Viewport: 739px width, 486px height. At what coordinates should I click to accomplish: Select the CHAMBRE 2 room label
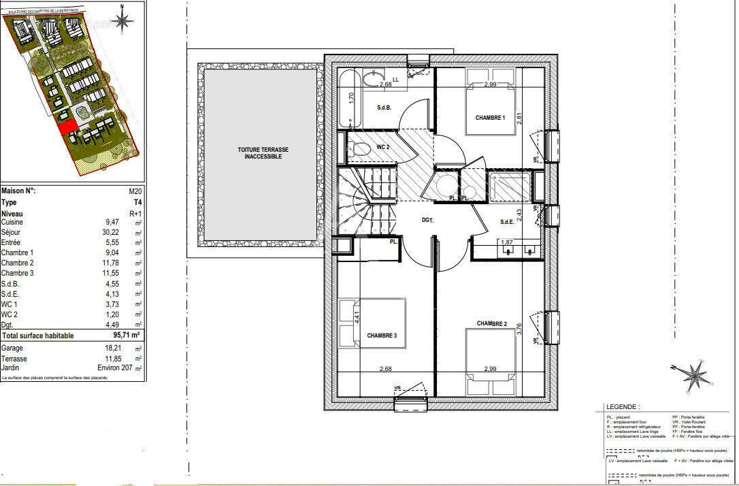(x=492, y=323)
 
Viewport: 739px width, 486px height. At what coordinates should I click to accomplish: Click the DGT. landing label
(x=428, y=220)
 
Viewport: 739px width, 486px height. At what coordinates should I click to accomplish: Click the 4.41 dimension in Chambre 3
(x=357, y=316)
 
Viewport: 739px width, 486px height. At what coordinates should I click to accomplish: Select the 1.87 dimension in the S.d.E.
(x=506, y=242)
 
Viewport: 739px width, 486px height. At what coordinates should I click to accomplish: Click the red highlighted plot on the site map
(x=65, y=127)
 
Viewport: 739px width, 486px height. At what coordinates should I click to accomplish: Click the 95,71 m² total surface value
(x=127, y=336)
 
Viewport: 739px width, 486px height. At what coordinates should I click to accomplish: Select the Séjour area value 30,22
(x=110, y=232)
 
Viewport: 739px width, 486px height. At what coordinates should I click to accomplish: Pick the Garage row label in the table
(x=12, y=348)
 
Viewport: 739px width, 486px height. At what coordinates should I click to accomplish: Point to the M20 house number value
(x=135, y=192)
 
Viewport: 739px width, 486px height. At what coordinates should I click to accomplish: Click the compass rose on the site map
(x=123, y=20)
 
